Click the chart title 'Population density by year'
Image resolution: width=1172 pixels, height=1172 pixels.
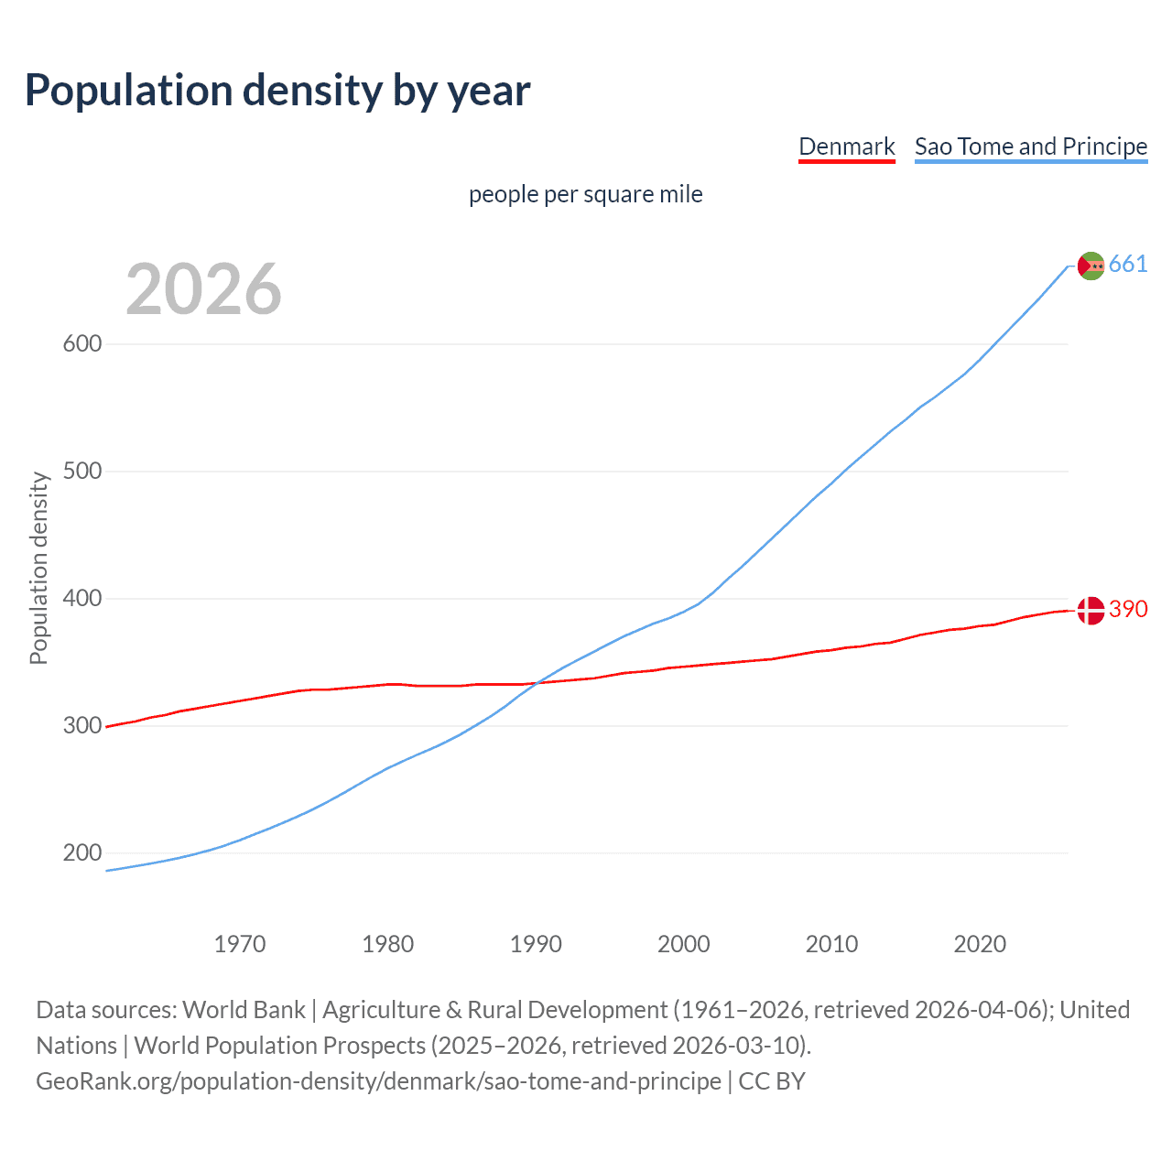coord(277,90)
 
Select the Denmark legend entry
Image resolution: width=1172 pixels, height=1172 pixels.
coord(846,146)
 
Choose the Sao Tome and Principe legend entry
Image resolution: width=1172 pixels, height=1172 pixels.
coord(1031,146)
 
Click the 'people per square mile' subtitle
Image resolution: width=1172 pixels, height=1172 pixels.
coord(586,194)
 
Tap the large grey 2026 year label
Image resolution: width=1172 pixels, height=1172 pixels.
coord(203,289)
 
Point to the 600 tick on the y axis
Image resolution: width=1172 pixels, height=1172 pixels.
coord(81,344)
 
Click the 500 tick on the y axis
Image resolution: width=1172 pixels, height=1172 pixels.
coord(81,472)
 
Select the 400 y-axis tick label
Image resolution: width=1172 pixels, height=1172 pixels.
coord(81,599)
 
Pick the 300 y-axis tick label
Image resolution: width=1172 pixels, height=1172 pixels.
coord(81,726)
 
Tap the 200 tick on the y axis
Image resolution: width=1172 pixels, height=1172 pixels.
coord(81,853)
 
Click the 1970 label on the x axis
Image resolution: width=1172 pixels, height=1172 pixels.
coord(240,944)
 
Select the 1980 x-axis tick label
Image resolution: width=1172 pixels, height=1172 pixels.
coord(388,944)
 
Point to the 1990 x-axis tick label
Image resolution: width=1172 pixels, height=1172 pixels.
coord(536,944)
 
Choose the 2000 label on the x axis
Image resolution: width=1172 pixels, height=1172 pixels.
coord(684,944)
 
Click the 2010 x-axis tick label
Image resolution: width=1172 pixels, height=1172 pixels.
coord(831,944)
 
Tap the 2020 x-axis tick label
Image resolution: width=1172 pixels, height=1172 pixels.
coord(980,944)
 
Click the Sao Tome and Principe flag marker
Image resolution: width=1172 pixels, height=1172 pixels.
coord(1091,266)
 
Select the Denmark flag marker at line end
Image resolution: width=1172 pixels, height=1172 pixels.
coord(1091,610)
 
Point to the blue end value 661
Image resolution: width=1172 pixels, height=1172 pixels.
coord(1128,265)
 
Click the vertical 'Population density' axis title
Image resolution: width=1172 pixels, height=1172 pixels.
coord(38,568)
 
